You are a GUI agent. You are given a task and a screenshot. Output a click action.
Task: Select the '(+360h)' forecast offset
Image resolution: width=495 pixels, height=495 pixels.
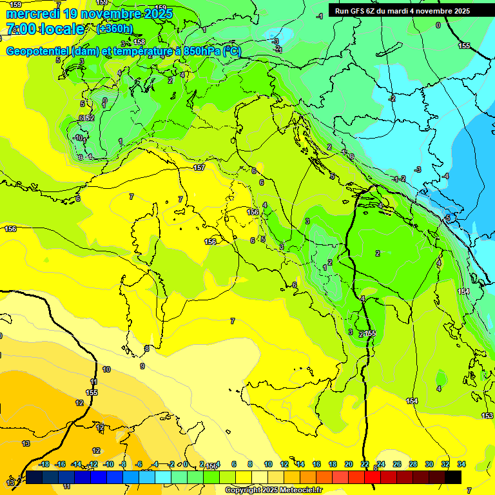tap(115, 29)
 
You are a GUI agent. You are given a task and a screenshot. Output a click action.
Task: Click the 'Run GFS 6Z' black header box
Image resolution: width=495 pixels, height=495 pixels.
tap(403, 11)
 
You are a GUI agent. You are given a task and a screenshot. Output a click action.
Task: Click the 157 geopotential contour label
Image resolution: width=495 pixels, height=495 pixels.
tap(199, 168)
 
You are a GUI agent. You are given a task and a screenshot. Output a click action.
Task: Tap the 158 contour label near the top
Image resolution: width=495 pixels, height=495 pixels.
tap(139, 42)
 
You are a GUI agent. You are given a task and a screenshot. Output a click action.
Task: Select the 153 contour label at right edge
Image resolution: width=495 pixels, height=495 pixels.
tap(487, 416)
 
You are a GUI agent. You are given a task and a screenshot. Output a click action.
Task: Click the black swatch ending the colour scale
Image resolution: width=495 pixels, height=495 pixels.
tap(453, 476)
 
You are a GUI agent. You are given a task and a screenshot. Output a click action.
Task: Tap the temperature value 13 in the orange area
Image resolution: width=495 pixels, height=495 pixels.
tap(26, 443)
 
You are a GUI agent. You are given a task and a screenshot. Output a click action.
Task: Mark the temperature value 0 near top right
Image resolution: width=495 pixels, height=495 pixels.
tap(438, 25)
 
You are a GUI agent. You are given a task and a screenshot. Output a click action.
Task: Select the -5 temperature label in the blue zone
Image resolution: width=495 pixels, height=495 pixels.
tap(448, 218)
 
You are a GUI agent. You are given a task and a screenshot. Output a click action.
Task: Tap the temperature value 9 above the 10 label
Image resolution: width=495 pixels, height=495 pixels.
tap(142, 366)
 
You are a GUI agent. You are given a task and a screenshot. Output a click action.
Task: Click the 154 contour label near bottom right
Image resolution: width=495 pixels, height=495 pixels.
tap(412, 401)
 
